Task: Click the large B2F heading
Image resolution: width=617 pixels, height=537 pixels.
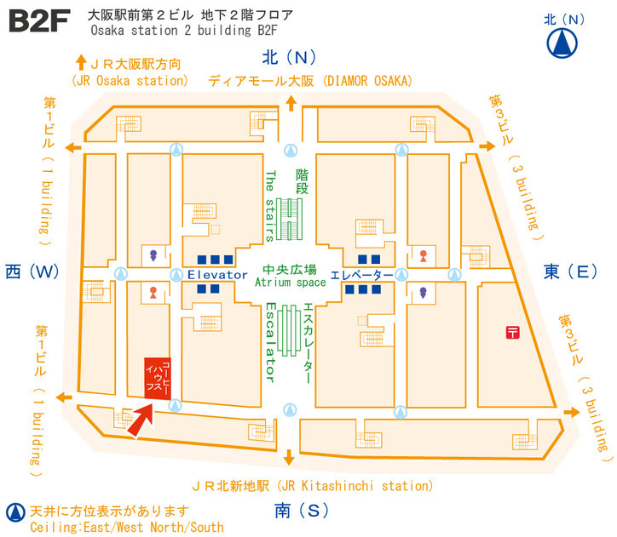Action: [39, 21]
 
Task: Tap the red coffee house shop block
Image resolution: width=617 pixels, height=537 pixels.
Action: [158, 379]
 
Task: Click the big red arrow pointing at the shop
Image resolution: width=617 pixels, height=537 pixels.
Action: [141, 420]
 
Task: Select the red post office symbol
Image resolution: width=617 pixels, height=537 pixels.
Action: [512, 333]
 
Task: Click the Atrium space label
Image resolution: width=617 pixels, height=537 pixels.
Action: [291, 283]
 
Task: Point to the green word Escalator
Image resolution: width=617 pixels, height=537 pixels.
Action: [270, 342]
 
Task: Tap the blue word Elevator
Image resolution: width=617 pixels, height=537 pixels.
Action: [217, 275]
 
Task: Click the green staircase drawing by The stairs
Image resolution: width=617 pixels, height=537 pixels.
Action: [289, 220]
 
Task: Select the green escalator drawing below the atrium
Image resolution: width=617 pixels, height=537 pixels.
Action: [289, 331]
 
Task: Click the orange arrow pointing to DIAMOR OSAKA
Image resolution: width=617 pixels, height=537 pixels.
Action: [291, 103]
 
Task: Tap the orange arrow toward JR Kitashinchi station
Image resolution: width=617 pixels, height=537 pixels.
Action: [289, 457]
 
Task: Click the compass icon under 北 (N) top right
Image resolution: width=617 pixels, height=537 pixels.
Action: [562, 43]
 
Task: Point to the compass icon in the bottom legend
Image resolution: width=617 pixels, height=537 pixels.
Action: [15, 512]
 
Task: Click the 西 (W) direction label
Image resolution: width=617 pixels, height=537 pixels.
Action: [32, 271]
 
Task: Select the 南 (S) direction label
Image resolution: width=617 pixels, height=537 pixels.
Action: [302, 511]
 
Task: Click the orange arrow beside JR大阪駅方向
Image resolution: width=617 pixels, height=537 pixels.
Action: [81, 62]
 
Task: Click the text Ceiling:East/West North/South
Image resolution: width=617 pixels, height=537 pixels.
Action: [127, 527]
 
